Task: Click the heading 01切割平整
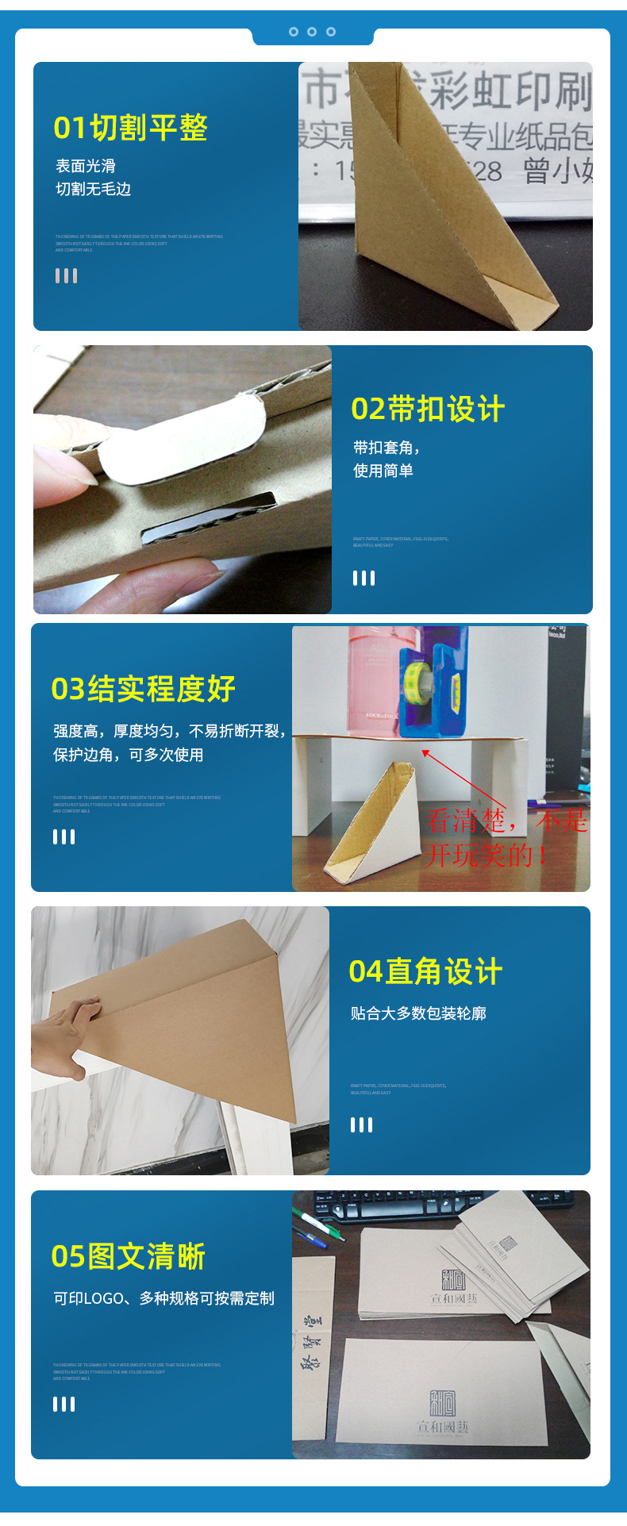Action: tap(130, 128)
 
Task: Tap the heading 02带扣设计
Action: tap(428, 409)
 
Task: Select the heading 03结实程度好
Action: tap(143, 689)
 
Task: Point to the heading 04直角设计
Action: tap(425, 971)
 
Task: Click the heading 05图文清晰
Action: tap(129, 1256)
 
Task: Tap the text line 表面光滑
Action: tap(85, 166)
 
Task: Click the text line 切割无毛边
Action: tap(93, 189)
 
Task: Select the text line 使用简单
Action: tap(383, 471)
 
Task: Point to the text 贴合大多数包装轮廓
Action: tap(418, 1013)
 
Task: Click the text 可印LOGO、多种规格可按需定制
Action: tap(163, 1298)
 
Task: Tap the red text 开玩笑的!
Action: tap(486, 855)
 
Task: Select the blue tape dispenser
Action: tap(433, 684)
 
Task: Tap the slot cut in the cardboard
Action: tap(208, 517)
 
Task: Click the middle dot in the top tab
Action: tap(312, 32)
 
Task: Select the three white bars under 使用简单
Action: tap(364, 578)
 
